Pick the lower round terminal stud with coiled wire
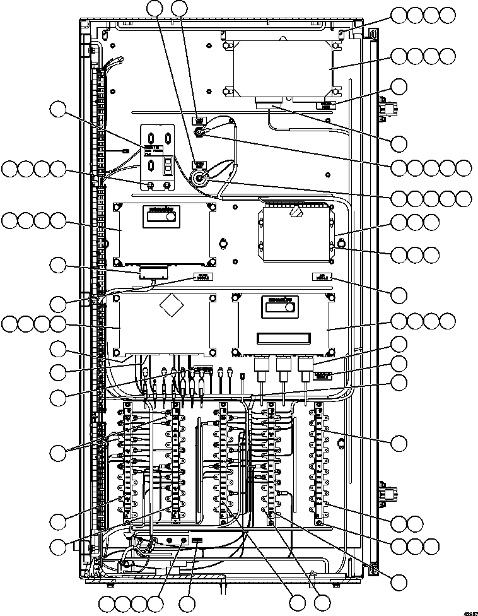pyautogui.click(x=201, y=178)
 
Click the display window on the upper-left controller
pyautogui.click(x=161, y=216)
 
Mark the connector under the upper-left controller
pyautogui.click(x=154, y=273)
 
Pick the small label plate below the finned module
pyautogui.click(x=322, y=276)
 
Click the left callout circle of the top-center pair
pyautogui.click(x=155, y=8)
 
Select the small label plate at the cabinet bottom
pyautogui.click(x=197, y=540)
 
